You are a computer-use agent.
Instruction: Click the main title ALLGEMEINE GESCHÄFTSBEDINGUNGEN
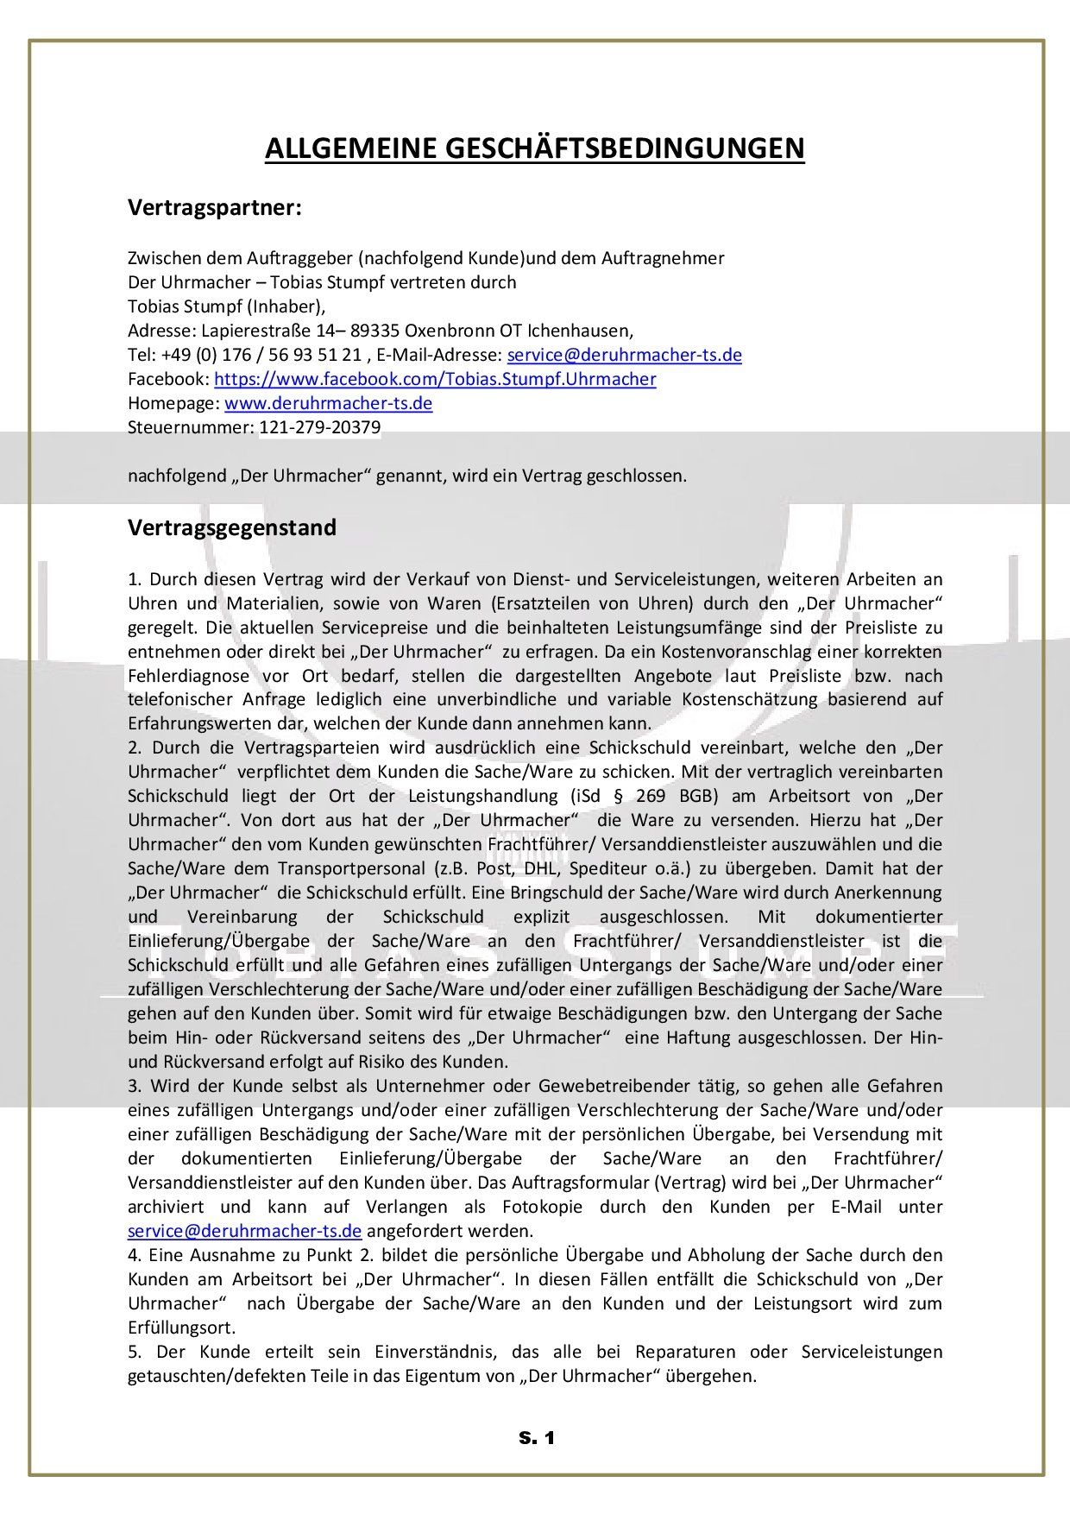(534, 148)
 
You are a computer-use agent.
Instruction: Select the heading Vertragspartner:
(215, 208)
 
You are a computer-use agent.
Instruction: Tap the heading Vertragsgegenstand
(232, 527)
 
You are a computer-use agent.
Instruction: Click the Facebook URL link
(435, 379)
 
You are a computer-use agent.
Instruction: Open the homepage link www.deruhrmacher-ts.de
(328, 403)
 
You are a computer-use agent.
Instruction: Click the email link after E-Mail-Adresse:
(624, 355)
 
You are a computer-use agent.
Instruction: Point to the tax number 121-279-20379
(320, 427)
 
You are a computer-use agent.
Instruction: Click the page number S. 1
(536, 1438)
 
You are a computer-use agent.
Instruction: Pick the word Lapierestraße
(251, 331)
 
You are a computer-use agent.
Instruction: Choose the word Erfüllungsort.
(181, 1328)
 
